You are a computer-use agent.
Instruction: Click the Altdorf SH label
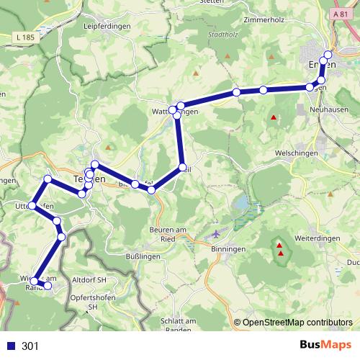(89, 279)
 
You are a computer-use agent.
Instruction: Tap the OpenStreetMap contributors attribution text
(297, 323)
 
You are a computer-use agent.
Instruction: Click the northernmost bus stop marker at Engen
(328, 55)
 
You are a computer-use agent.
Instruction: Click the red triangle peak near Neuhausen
(274, 117)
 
